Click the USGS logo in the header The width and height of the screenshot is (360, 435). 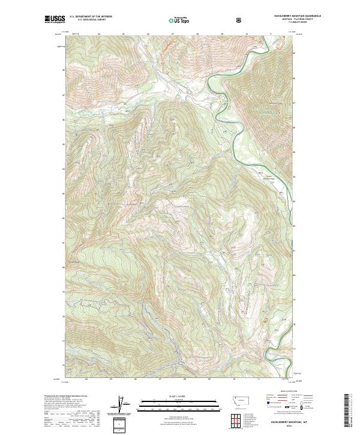55,19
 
